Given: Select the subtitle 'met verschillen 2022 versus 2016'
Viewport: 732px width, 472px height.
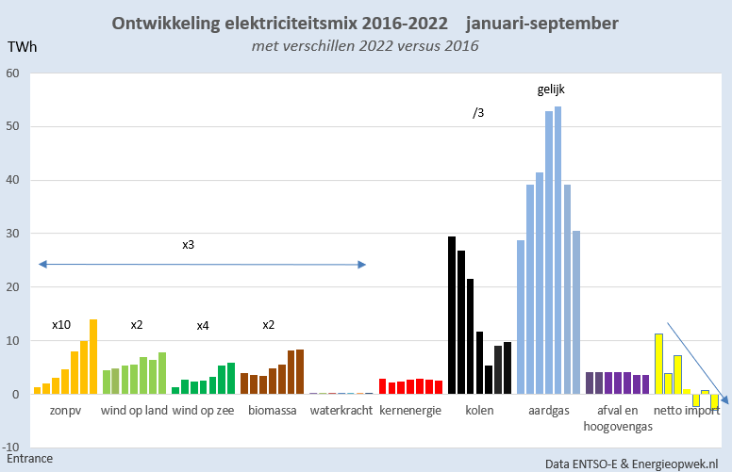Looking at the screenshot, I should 365,46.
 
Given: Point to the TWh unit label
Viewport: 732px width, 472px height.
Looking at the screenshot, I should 23,46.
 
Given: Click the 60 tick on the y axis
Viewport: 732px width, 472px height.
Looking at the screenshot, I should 13,73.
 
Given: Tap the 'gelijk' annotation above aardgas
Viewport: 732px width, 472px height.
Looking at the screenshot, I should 550,90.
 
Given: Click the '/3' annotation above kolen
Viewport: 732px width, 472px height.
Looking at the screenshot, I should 478,113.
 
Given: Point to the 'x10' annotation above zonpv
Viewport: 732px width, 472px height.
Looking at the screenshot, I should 62,325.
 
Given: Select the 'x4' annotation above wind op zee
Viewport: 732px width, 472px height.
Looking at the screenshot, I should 203,326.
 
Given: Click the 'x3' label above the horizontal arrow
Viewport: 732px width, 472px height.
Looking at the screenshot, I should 189,244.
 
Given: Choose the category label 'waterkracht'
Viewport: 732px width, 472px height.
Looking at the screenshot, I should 341,411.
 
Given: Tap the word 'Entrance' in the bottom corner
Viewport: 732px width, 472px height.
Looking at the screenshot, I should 29,459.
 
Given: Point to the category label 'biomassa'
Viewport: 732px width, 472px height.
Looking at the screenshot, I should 273,411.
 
